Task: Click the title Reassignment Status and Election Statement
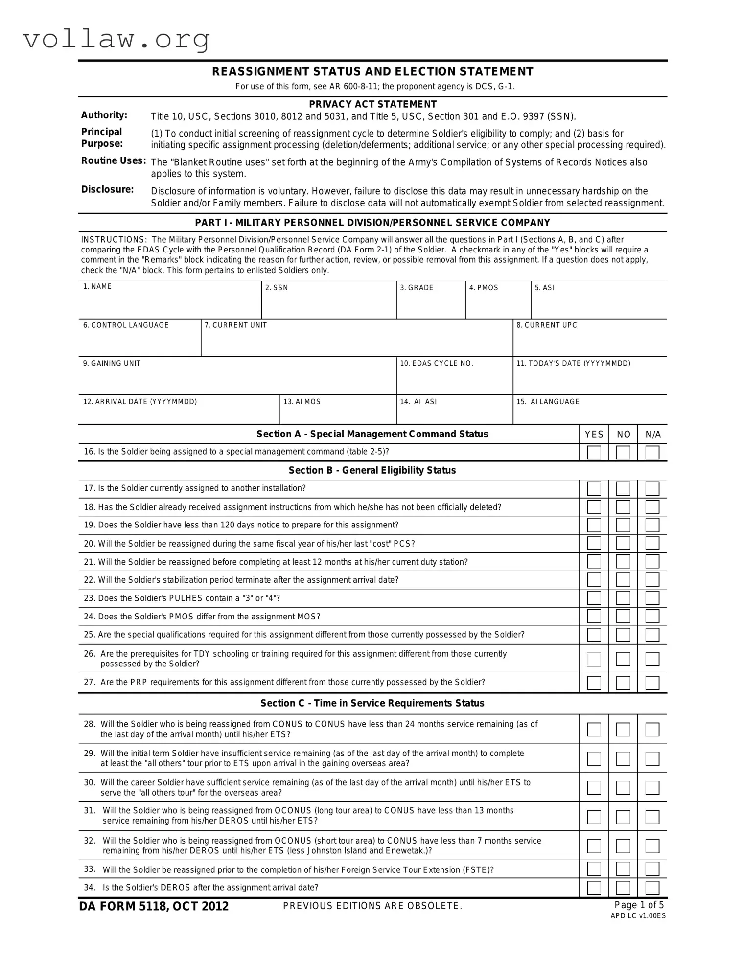click(x=372, y=71)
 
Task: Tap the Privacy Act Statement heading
click(x=372, y=104)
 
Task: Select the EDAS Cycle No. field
click(x=454, y=380)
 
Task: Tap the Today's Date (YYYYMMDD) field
click(x=590, y=380)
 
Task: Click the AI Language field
click(x=590, y=414)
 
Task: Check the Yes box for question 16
click(x=594, y=453)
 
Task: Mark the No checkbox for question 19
click(x=623, y=525)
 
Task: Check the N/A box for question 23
click(x=652, y=598)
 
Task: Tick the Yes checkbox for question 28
click(x=594, y=730)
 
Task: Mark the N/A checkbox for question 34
click(x=652, y=888)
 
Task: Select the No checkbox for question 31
click(x=623, y=817)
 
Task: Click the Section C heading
click(x=372, y=703)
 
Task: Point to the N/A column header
click(x=653, y=435)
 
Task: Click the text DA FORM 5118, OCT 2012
click(x=154, y=906)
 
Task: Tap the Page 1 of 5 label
click(x=639, y=905)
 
